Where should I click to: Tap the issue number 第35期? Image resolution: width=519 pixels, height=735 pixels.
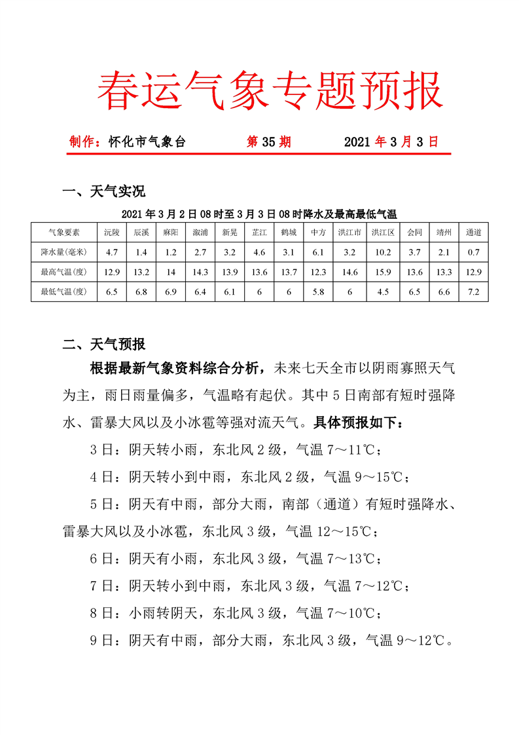tap(268, 142)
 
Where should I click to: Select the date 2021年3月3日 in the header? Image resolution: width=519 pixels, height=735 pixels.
tap(391, 142)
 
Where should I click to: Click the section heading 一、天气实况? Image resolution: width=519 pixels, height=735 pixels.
tap(103, 191)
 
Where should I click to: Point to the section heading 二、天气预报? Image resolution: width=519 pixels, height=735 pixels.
tap(103, 344)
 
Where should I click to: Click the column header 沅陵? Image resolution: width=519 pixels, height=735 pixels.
tap(112, 232)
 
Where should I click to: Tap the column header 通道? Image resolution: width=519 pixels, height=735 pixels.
tap(474, 232)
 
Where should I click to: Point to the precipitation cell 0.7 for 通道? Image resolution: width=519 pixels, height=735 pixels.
tap(474, 252)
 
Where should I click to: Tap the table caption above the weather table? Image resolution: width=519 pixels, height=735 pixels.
tap(259, 214)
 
